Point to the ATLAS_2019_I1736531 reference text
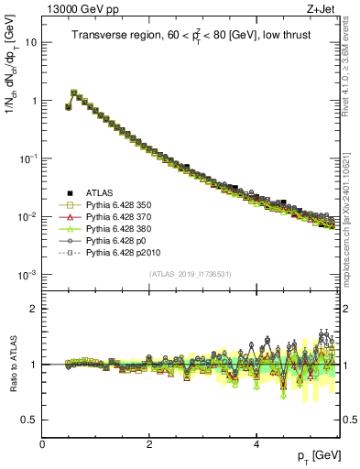pos(190,274)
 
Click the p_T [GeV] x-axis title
pos(316,455)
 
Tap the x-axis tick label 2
pos(149,444)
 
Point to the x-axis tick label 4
pos(256,444)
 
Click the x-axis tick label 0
pos(42,444)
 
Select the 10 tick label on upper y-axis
pos(29,43)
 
